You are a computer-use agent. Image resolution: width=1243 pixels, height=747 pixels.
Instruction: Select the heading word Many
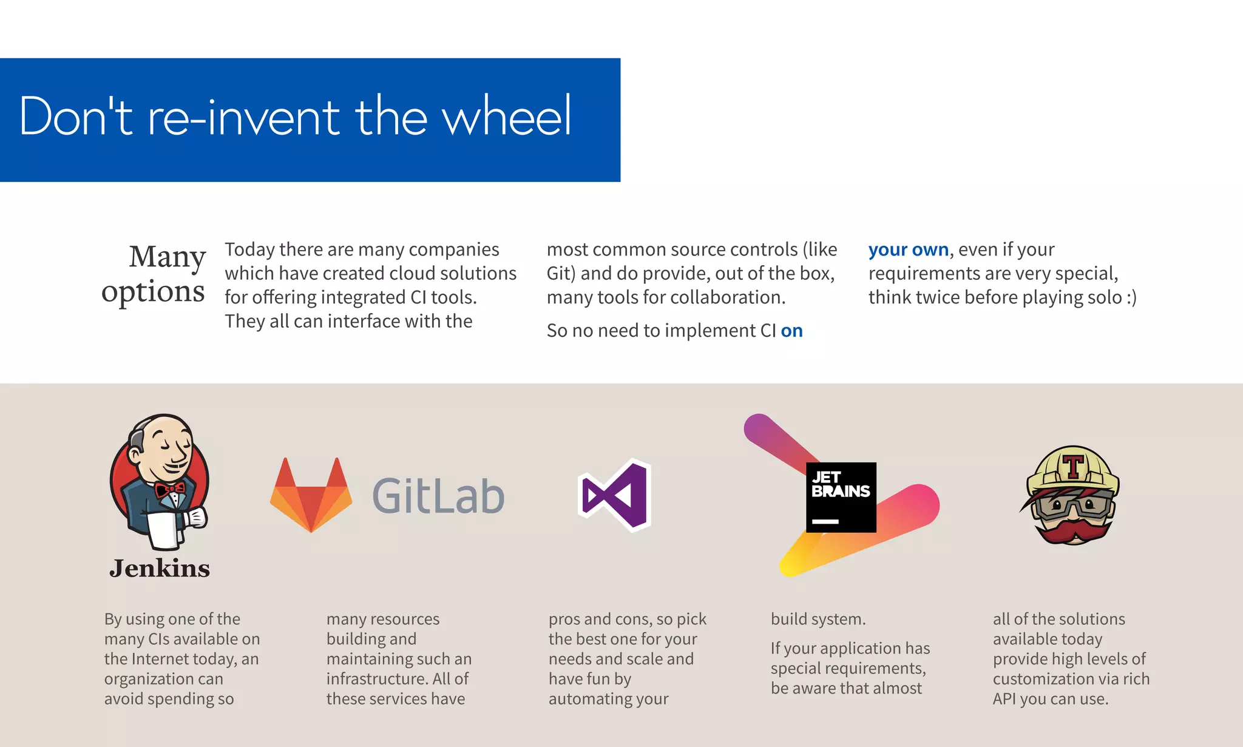(x=167, y=257)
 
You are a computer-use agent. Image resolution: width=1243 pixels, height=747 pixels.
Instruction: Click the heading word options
(x=153, y=292)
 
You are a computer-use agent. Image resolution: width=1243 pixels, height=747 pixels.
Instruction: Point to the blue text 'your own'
(x=908, y=249)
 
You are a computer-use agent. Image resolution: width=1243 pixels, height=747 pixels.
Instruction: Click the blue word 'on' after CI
(x=791, y=331)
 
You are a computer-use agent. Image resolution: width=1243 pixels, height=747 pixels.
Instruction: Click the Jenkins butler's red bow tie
(x=169, y=488)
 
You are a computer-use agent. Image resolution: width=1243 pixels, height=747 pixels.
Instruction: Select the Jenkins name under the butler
(x=160, y=569)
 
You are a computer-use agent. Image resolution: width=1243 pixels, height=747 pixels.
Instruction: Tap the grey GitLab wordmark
(x=438, y=496)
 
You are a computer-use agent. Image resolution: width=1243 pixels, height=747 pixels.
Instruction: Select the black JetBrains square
(x=841, y=497)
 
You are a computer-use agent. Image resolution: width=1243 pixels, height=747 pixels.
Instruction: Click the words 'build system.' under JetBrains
(x=818, y=619)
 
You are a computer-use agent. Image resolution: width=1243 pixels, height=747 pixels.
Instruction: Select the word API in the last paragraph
(x=1004, y=699)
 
